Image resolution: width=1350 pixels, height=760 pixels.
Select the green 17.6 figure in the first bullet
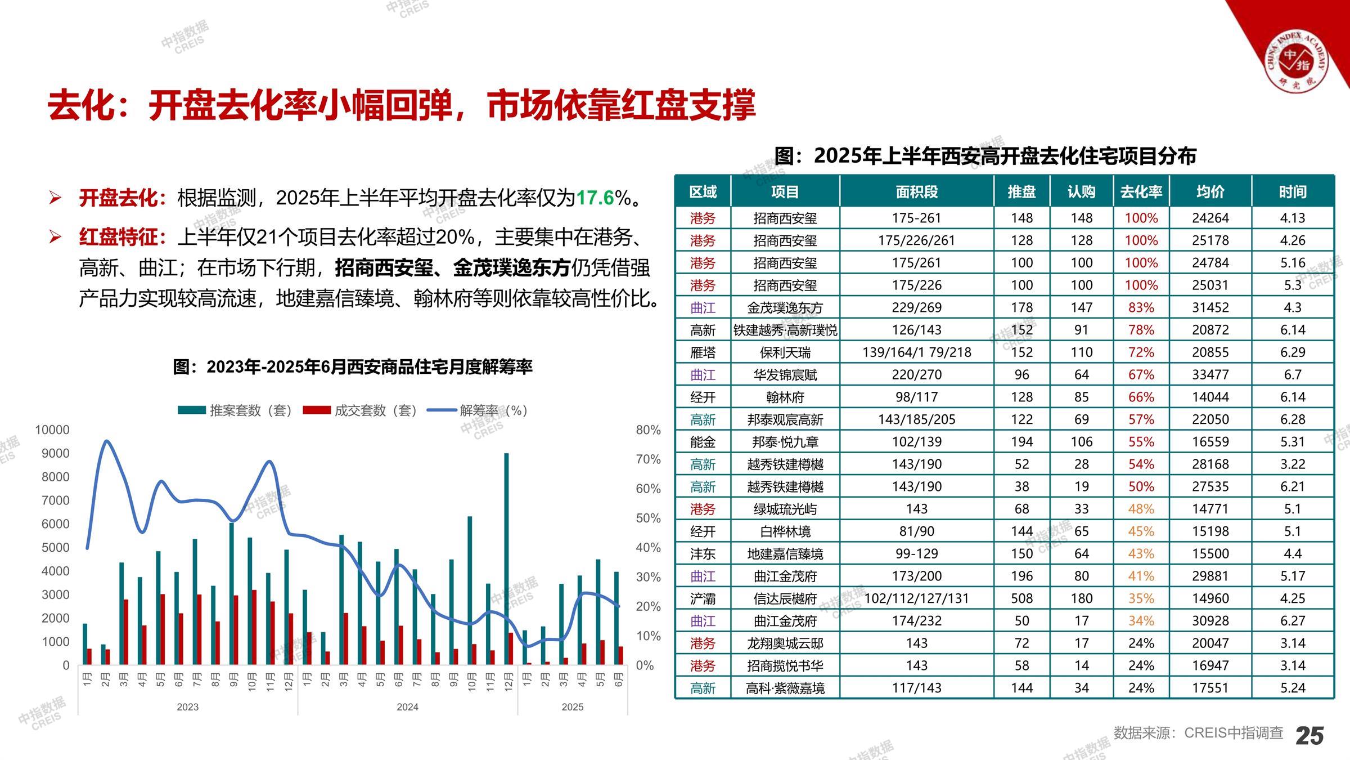point(595,198)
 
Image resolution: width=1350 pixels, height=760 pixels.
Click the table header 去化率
point(1141,192)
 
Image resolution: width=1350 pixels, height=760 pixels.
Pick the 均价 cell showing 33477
point(1210,374)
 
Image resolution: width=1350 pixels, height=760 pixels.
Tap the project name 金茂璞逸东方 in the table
point(785,307)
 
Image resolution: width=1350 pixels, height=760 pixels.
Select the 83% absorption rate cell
point(1141,307)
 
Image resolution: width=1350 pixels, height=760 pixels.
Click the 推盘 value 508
point(1021,598)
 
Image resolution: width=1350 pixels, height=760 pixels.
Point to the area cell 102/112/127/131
point(916,598)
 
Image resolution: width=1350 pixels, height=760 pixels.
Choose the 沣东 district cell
point(703,553)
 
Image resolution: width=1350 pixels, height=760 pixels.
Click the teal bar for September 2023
point(231,593)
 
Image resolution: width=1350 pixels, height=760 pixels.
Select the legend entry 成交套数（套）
point(360,410)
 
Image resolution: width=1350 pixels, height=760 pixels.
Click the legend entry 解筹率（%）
point(478,410)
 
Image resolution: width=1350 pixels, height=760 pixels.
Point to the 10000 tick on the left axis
point(52,430)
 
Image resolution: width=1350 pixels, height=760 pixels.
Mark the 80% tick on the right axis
point(648,430)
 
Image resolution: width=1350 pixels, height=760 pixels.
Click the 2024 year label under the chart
point(407,707)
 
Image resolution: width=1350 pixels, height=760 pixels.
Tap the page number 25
point(1309,736)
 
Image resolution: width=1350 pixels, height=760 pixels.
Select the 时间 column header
point(1292,192)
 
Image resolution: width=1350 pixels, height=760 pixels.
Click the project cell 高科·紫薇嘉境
point(785,688)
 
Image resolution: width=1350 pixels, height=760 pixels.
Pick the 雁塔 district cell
point(703,352)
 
